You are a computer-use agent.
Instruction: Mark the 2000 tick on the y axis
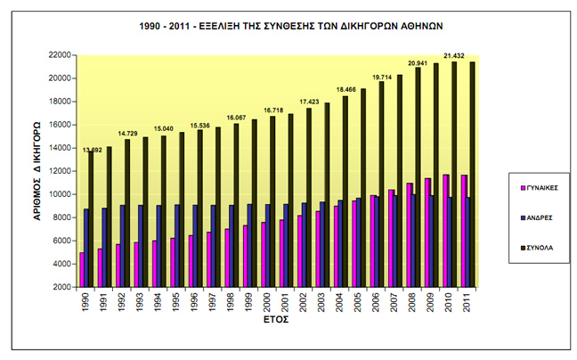[x=61, y=287]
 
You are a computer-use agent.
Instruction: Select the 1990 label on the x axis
[x=85, y=304]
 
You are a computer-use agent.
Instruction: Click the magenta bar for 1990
[x=81, y=269]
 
